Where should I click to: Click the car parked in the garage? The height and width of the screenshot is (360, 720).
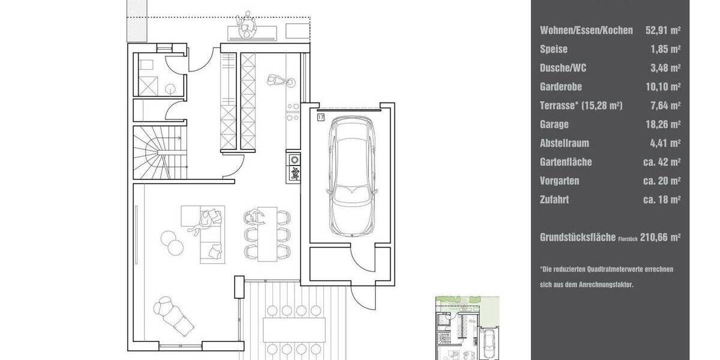click(354, 176)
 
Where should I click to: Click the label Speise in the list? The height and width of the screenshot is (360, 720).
click(553, 49)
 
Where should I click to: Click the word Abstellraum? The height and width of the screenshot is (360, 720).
click(565, 143)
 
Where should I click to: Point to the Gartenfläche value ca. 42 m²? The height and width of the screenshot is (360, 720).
click(661, 162)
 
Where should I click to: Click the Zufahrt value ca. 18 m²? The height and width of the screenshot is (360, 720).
click(661, 200)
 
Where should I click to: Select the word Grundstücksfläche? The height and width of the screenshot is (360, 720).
click(578, 238)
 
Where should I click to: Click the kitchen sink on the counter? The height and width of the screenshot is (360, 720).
click(294, 160)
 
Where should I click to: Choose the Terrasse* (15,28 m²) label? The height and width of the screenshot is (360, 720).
click(581, 106)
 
